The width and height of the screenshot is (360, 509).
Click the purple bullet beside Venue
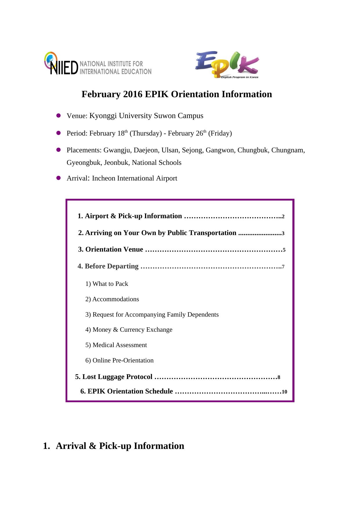coord(59,115)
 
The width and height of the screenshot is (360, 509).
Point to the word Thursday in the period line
coord(146,133)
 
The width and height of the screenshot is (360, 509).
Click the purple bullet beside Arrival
coord(59,178)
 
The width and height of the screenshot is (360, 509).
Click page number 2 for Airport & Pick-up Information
coord(283,216)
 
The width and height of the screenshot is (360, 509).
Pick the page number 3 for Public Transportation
coord(283,233)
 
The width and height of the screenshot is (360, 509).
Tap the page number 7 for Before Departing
coord(283,267)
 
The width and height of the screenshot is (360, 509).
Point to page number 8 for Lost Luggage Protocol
coord(279,377)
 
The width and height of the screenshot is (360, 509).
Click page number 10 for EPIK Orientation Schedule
coord(284,392)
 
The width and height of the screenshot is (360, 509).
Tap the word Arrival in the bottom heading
coord(71,446)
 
